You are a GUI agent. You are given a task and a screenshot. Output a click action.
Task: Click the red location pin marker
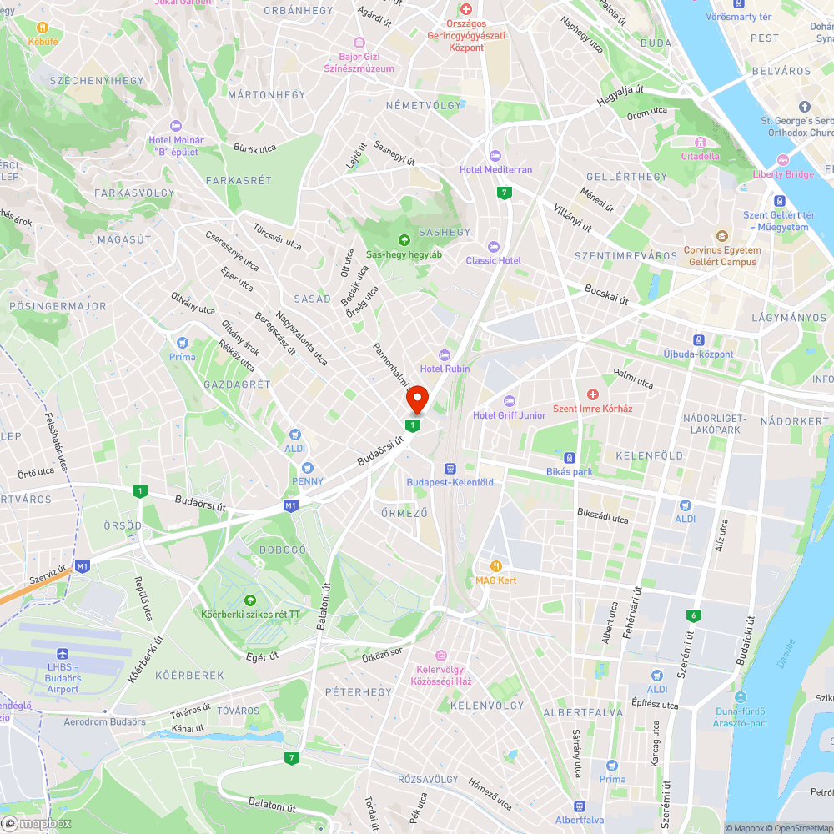tap(416, 400)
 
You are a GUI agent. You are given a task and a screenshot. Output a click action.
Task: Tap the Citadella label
tap(700, 156)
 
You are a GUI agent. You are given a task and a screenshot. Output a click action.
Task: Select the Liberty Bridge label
tap(783, 174)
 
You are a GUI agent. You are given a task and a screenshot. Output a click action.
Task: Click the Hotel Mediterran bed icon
tap(495, 155)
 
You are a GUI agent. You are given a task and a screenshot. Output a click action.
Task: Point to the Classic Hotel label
tap(493, 260)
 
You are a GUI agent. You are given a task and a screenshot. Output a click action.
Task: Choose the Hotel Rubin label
tap(445, 369)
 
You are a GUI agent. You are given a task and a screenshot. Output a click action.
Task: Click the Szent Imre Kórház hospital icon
tap(593, 394)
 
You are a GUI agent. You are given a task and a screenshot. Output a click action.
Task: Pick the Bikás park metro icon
tap(569, 457)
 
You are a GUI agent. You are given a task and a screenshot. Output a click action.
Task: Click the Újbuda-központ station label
tap(699, 354)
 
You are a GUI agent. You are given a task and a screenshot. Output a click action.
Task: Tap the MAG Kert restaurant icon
tap(496, 565)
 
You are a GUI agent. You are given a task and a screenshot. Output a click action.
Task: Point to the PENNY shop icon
tap(307, 467)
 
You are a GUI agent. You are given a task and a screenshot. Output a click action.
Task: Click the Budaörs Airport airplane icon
tap(62, 655)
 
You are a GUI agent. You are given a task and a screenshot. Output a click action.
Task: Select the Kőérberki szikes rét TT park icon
tap(249, 600)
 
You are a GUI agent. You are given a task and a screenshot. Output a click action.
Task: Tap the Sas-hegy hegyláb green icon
tap(404, 240)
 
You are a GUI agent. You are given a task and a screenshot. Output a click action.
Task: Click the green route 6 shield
tap(692, 615)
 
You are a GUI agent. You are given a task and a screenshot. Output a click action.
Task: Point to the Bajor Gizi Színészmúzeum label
tap(360, 62)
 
